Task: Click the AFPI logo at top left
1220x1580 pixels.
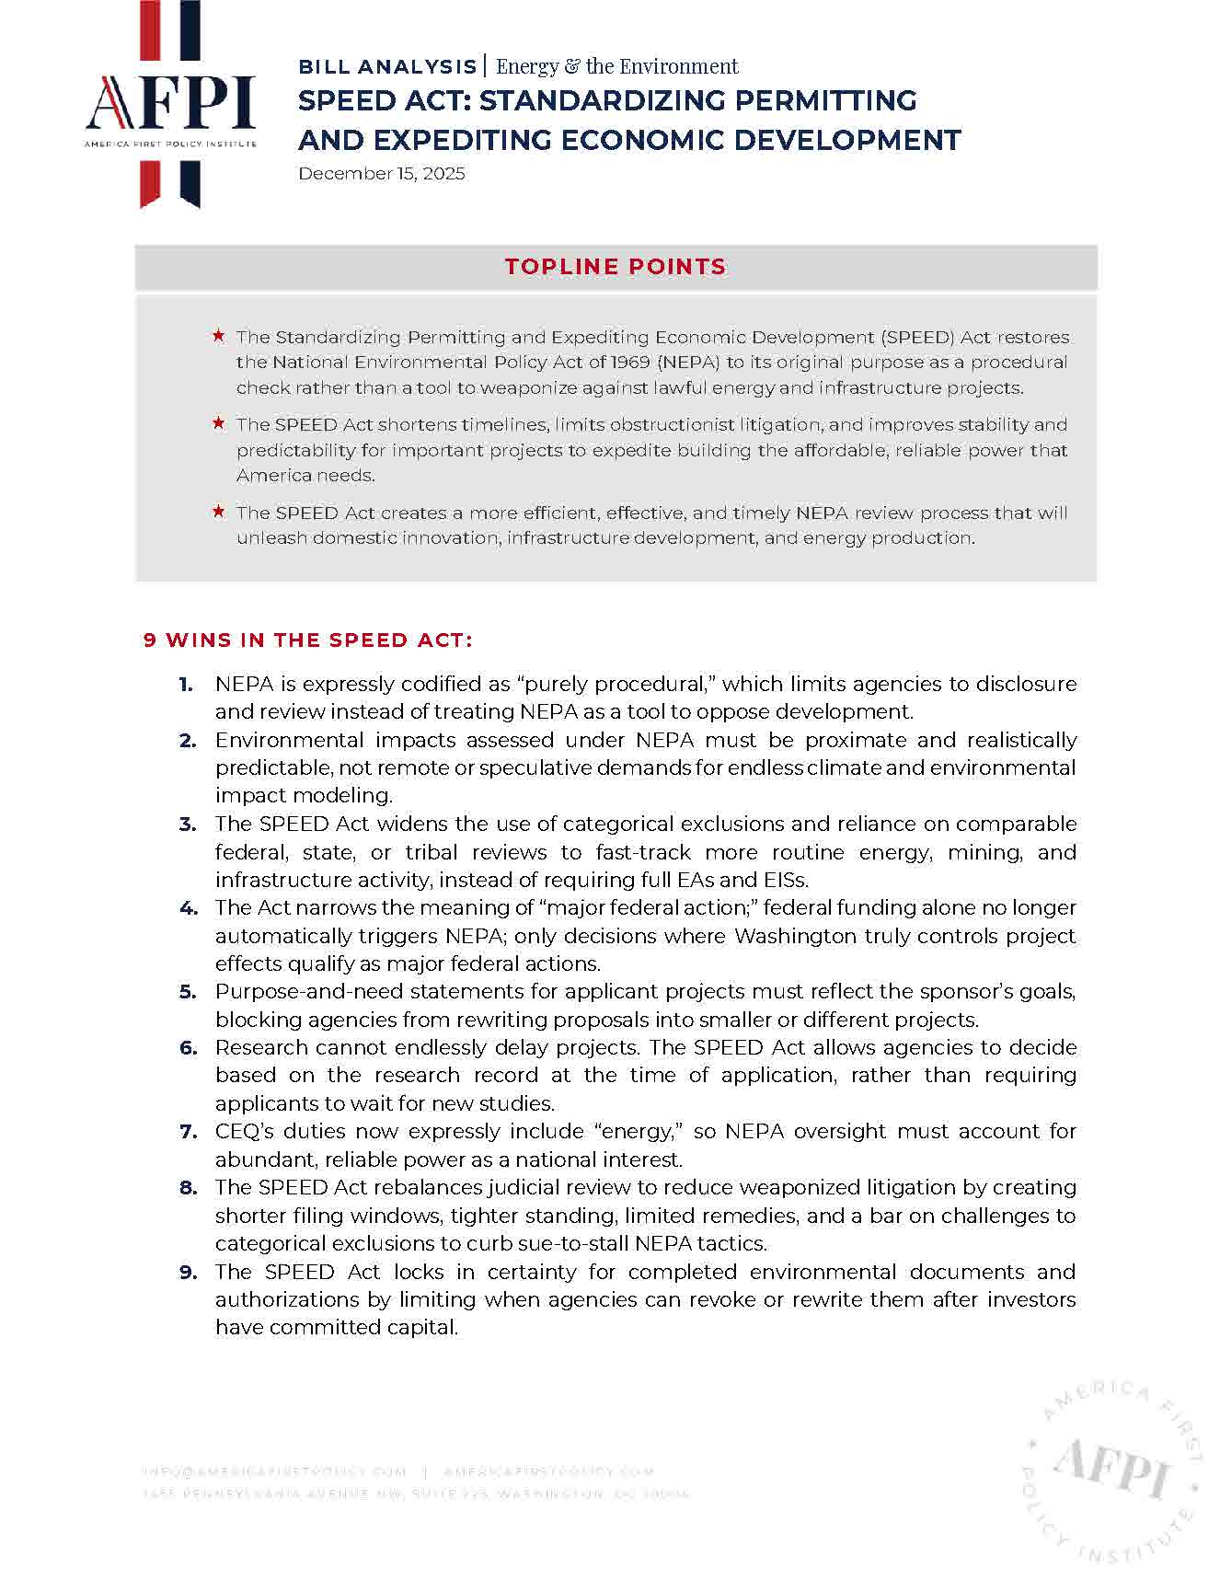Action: coord(170,106)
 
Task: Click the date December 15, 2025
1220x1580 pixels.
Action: coord(381,174)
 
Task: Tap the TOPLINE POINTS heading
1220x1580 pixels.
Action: coord(615,267)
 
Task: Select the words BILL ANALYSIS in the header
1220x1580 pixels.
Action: coord(386,67)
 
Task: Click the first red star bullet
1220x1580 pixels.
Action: coord(219,336)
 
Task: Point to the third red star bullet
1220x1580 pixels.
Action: coord(219,512)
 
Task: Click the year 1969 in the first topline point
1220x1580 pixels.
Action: coord(630,362)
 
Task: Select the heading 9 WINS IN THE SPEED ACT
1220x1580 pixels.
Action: coord(308,640)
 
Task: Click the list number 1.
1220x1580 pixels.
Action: coord(186,684)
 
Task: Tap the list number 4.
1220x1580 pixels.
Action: coord(188,908)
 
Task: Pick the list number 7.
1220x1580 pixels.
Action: coord(188,1132)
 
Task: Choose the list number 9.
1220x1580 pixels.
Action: coord(188,1273)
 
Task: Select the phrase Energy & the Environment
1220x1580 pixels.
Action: coord(616,66)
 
